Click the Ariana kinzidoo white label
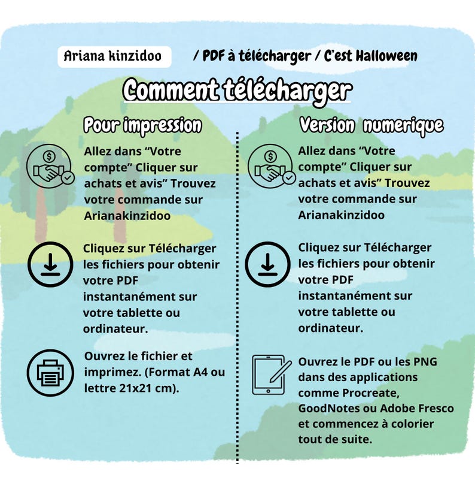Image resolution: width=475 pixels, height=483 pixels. [x=114, y=57]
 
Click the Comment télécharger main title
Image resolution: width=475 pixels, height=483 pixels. [x=237, y=90]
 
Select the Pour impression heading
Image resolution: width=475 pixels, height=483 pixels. [x=142, y=126]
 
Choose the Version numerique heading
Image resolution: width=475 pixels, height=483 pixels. [x=372, y=125]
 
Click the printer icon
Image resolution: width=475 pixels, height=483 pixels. [x=50, y=373]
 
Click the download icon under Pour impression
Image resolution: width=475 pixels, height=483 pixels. [x=50, y=264]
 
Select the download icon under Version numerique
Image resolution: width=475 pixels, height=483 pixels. [x=268, y=264]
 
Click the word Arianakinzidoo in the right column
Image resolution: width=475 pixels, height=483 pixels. [x=341, y=215]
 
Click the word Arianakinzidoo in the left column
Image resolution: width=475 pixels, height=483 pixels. [x=127, y=216]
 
